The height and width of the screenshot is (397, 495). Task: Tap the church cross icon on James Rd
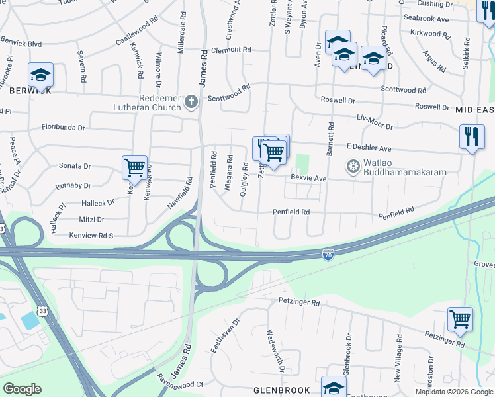point(191,102)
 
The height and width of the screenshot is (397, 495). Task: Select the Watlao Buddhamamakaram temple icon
point(353,166)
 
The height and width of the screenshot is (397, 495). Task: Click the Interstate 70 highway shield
point(328,253)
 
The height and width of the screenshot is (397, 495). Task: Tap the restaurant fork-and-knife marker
point(471,137)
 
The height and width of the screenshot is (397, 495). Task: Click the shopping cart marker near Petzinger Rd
point(460,320)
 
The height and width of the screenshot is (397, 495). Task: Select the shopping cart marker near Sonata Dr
point(135,167)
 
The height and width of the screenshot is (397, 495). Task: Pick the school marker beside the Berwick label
point(40,75)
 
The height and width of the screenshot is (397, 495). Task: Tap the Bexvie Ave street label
point(309,179)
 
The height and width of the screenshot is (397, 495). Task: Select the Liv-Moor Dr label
point(375,122)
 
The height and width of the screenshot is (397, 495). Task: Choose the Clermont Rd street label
point(231,50)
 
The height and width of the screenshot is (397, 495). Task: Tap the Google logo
point(22,389)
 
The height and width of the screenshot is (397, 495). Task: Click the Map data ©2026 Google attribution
point(454,392)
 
